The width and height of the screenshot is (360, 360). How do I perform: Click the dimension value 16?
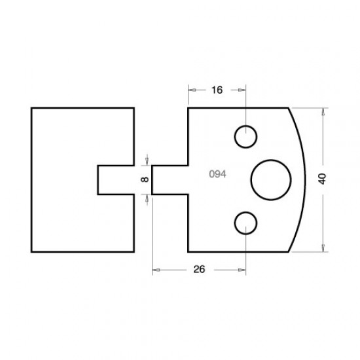click(217, 90)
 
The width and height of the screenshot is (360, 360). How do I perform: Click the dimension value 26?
click(200, 268)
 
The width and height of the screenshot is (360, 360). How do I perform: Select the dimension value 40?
click(322, 179)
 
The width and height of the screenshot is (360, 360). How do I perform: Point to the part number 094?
click(217, 174)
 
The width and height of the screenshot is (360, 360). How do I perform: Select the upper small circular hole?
click(246, 136)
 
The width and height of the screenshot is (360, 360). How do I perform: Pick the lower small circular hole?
click(246, 222)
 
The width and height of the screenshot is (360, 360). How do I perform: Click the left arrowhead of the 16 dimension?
click(191, 90)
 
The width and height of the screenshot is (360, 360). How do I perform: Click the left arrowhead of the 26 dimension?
click(155, 268)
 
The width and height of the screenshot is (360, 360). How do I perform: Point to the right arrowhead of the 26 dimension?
click(243, 268)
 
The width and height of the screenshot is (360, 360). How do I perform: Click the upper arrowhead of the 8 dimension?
click(147, 160)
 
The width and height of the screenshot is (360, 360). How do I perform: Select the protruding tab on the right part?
click(170, 179)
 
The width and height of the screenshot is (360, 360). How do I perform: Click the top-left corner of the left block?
click(31, 107)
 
